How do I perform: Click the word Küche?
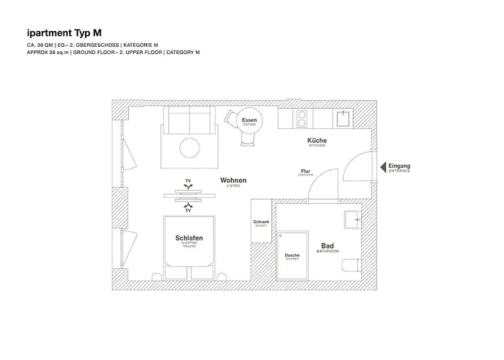click(x=318, y=140)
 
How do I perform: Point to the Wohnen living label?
click(x=233, y=181)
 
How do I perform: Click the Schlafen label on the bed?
click(x=189, y=238)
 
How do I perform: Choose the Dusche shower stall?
click(x=292, y=256)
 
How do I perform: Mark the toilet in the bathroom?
click(x=351, y=265)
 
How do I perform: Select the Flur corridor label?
click(x=305, y=172)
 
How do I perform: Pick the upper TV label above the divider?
click(x=188, y=180)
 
